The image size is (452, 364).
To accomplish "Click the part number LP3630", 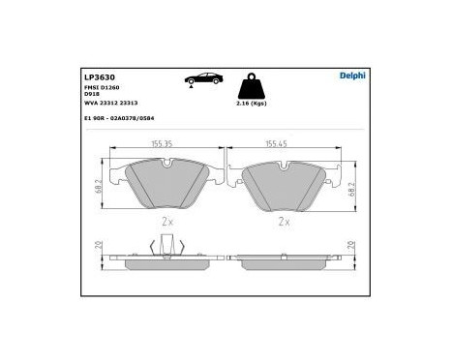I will [96, 75].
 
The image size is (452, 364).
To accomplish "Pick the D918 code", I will [92, 94].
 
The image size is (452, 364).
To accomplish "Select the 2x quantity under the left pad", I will [166, 221].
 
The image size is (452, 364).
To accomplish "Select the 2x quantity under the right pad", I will [284, 221].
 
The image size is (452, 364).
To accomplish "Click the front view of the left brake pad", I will [166, 184].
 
